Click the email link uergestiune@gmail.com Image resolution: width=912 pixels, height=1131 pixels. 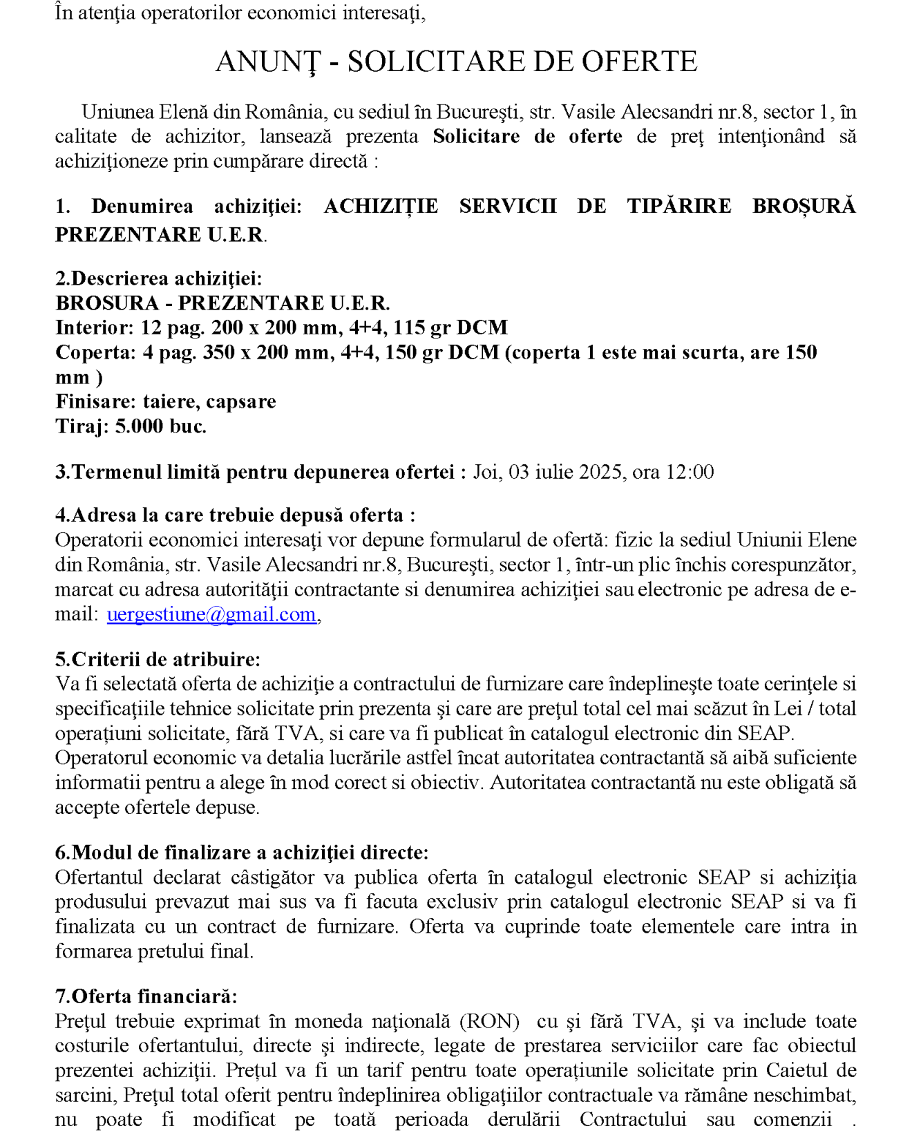click(x=211, y=614)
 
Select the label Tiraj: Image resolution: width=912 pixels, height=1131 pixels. click(x=82, y=426)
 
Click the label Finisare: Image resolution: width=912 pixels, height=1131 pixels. click(x=97, y=401)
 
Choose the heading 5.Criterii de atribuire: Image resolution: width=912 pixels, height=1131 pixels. click(x=158, y=659)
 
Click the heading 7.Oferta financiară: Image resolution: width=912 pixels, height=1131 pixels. click(x=146, y=996)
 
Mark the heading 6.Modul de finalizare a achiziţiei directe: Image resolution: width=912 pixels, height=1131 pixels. click(x=242, y=853)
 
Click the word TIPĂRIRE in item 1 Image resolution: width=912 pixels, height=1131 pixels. click(x=679, y=206)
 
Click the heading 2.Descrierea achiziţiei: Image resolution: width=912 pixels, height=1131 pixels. click(x=159, y=278)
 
